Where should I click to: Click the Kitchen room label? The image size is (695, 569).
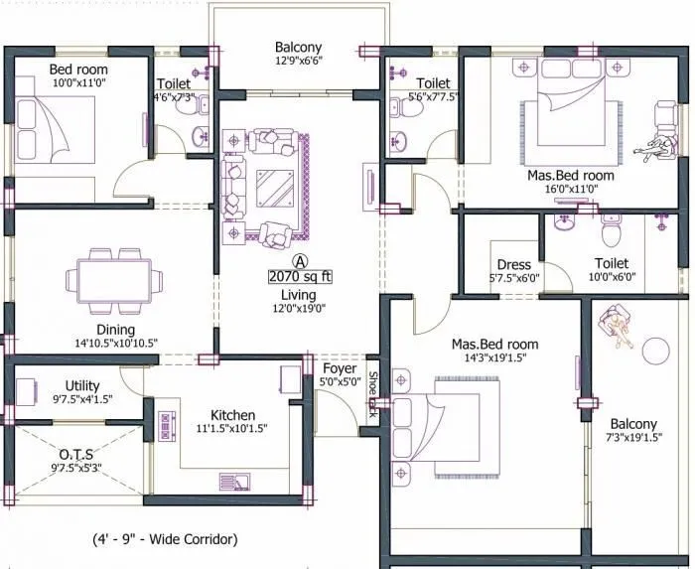coord(232,415)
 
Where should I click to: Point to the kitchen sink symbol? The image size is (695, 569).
coord(236,482)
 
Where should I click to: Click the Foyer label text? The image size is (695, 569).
coord(340,368)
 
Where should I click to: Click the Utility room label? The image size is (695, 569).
coord(82,384)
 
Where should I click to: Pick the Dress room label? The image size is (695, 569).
coord(513,265)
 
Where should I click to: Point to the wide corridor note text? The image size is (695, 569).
coord(160,540)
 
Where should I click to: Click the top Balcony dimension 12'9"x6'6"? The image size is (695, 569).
coord(298,62)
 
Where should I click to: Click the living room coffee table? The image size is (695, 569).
coord(269,185)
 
